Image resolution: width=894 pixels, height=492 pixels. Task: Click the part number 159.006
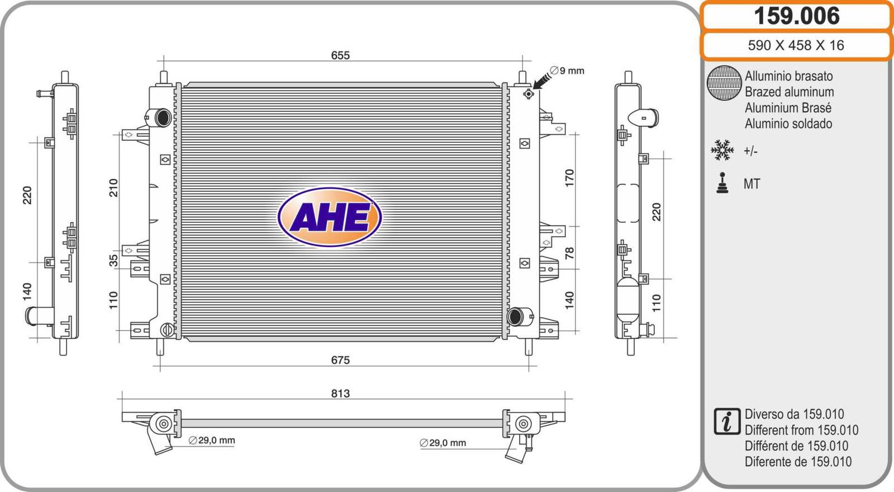pyautogui.click(x=796, y=16)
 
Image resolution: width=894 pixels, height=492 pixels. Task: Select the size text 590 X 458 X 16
pyautogui.click(x=796, y=45)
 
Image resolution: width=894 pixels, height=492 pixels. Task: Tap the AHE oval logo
pyautogui.click(x=330, y=217)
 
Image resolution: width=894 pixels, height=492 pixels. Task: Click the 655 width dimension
pyautogui.click(x=340, y=55)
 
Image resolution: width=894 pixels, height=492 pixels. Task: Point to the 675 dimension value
pyautogui.click(x=340, y=360)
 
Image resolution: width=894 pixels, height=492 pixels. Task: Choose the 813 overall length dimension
pyautogui.click(x=340, y=394)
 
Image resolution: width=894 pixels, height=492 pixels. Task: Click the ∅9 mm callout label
pyautogui.click(x=567, y=70)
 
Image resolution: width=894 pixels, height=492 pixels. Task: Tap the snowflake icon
pyautogui.click(x=722, y=150)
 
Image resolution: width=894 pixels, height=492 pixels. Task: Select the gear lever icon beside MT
pyautogui.click(x=722, y=183)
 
